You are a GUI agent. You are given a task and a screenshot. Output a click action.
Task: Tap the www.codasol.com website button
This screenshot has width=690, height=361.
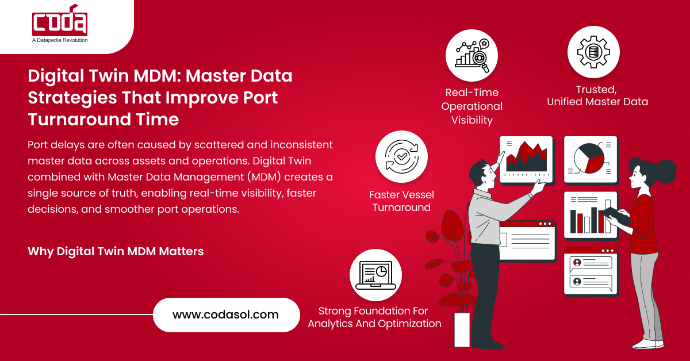tap(226, 314)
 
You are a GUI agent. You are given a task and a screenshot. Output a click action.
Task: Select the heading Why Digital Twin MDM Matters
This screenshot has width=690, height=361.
tap(116, 251)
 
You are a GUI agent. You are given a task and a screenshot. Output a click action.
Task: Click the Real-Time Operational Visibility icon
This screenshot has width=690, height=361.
tap(471, 56)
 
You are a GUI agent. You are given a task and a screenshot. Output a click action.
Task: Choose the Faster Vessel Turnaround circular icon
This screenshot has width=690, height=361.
tap(401, 157)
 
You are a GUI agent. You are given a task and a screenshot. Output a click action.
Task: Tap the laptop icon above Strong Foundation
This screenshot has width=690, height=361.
tap(375, 275)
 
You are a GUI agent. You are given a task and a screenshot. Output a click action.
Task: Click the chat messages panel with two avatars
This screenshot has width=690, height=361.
tap(590, 271)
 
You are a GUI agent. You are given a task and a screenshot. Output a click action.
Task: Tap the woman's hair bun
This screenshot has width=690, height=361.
tap(665, 170)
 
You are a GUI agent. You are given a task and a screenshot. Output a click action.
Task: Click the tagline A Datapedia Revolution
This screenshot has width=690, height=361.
tap(60, 40)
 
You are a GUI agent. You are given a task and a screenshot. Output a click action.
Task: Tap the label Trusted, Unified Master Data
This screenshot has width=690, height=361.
tap(597, 96)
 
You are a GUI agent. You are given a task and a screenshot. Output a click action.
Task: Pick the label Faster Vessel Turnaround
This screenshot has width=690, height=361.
tap(401, 201)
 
